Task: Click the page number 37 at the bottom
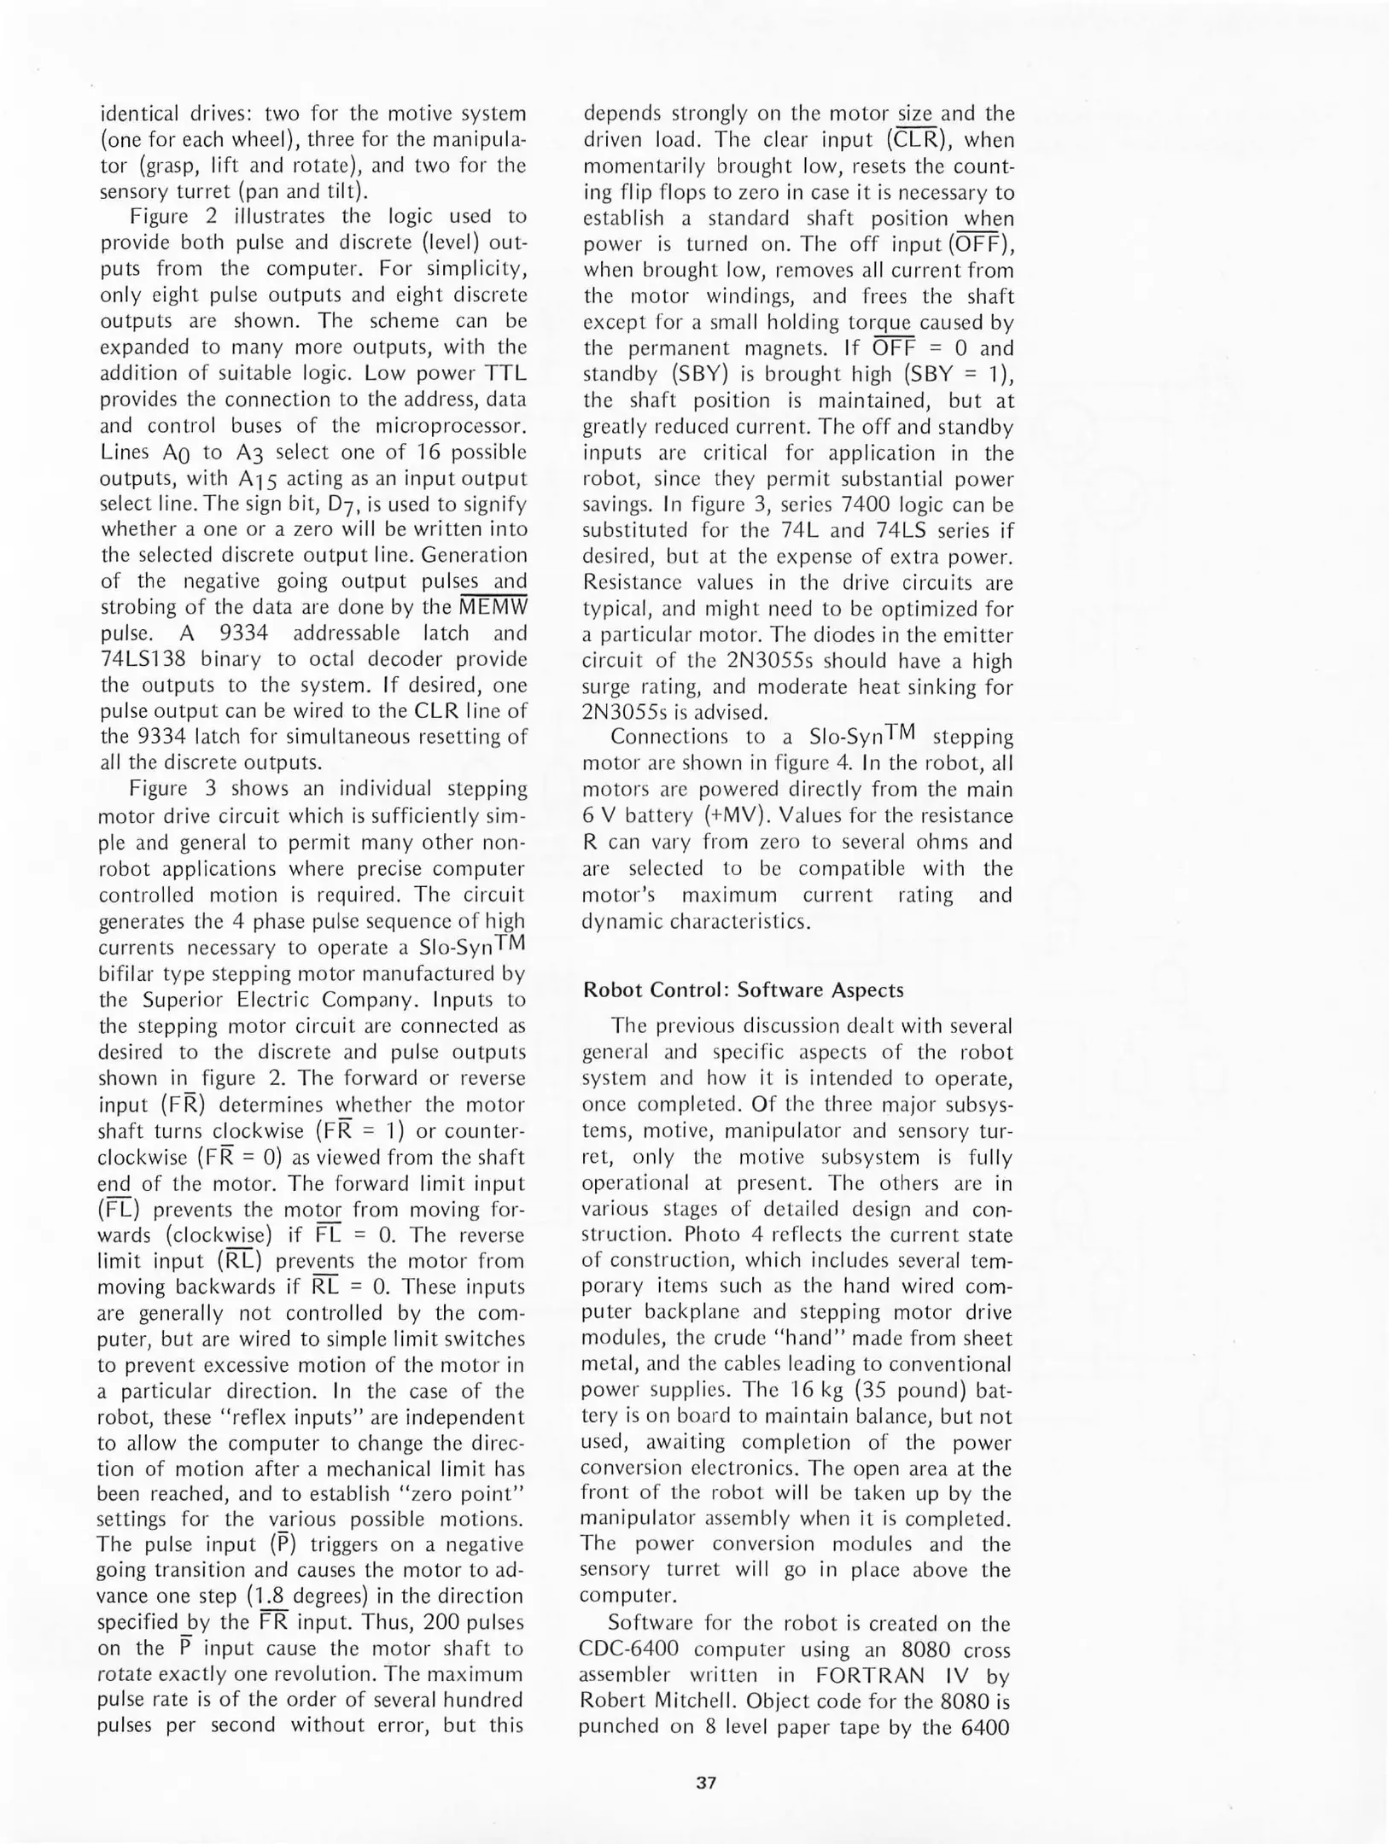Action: point(705,1782)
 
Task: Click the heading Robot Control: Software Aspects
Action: point(743,989)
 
